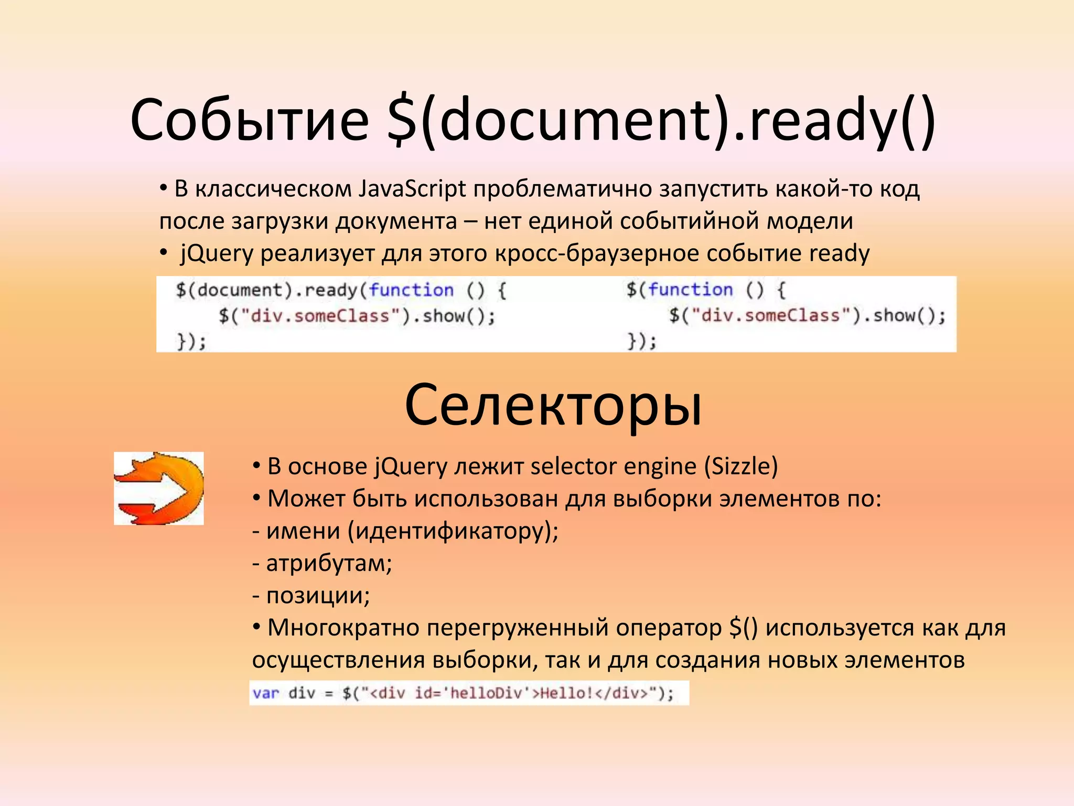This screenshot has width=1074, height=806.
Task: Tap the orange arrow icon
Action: pyautogui.click(x=159, y=489)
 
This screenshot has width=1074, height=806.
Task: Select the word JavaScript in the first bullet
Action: pyautogui.click(x=412, y=189)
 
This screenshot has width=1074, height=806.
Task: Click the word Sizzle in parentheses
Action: pyautogui.click(x=741, y=466)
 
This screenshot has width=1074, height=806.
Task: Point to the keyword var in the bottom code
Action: pyautogui.click(x=265, y=693)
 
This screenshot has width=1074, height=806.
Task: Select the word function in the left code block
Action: pyautogui.click(x=411, y=290)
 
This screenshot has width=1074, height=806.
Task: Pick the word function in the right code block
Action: pyautogui.click(x=690, y=290)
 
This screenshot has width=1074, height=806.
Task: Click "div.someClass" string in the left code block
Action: pyautogui.click(x=320, y=316)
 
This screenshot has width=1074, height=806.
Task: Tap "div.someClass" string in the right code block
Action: pyautogui.click(x=770, y=315)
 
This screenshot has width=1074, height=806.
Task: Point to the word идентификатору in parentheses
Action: pyautogui.click(x=453, y=531)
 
